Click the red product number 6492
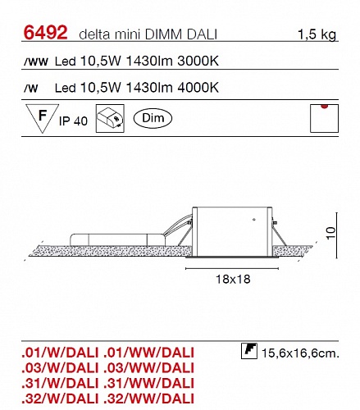45,32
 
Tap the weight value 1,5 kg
317,34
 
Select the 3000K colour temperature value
198,61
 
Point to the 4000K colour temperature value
198,88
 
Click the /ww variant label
36,61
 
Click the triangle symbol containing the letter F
42,118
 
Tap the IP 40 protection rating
73,121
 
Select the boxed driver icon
110,118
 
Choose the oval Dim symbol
153,118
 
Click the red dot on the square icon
325,107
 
